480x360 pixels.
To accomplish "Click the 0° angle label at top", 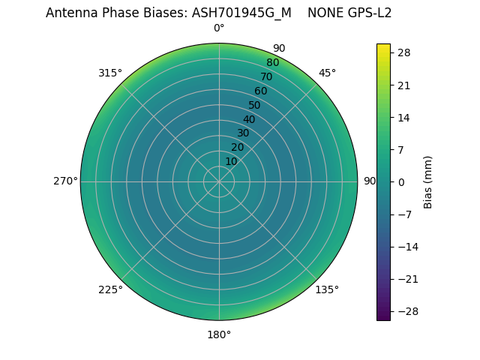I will pyautogui.click(x=219, y=28).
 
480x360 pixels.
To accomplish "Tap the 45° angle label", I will pyautogui.click(x=327, y=73).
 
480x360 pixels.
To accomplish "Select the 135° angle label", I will pyautogui.click(x=327, y=289).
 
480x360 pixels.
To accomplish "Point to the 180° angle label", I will pyautogui.click(x=219, y=334).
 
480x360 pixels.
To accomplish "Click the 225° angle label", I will pyautogui.click(x=110, y=289).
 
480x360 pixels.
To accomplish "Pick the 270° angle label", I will pyautogui.click(x=65, y=181).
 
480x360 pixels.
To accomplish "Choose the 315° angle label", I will pyautogui.click(x=110, y=73).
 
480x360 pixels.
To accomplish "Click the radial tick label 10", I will pyautogui.click(x=231, y=161).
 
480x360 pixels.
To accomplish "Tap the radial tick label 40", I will pyautogui.click(x=249, y=119).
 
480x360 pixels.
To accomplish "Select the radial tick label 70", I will pyautogui.click(x=266, y=76).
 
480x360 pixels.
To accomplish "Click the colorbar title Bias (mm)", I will pyautogui.click(x=428, y=181).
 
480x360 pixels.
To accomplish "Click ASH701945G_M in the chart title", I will pyautogui.click(x=241, y=13).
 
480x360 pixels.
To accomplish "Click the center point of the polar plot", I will pyautogui.click(x=219, y=181).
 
